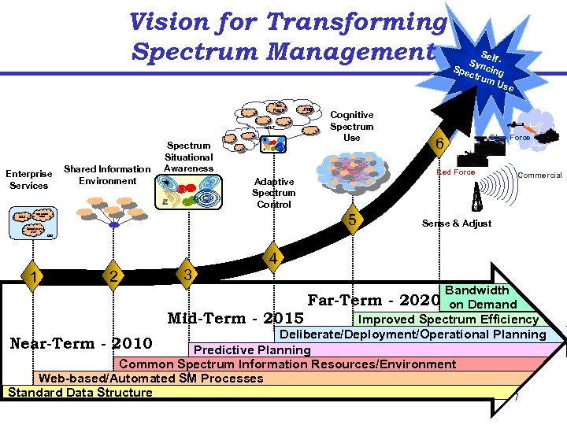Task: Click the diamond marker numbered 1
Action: tap(32, 276)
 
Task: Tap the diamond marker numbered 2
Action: tap(114, 276)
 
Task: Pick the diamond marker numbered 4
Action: tap(271, 257)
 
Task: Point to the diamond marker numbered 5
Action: tap(353, 218)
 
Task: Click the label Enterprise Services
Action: tap(28, 179)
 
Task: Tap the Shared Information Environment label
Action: tap(106, 175)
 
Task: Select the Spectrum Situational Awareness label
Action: tap(189, 157)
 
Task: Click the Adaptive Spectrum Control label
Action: tap(273, 193)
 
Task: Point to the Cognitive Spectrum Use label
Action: tap(351, 127)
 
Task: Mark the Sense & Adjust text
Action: tap(456, 224)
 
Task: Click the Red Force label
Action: tap(457, 172)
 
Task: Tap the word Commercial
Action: tap(539, 175)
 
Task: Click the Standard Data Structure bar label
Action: tap(80, 393)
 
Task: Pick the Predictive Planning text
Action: tap(252, 349)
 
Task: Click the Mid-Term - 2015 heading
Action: tap(235, 319)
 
